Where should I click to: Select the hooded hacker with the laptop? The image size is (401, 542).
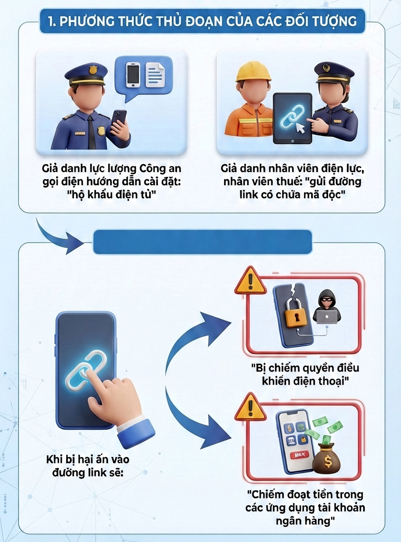326,307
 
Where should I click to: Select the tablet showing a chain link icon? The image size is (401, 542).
292,119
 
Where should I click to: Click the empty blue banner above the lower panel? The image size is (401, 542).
202,242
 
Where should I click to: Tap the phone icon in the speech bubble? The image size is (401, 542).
133,75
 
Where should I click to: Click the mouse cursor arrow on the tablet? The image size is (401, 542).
301,128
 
